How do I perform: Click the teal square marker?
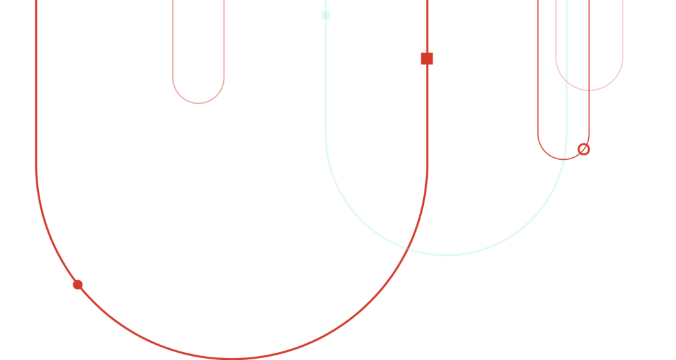pyautogui.click(x=325, y=15)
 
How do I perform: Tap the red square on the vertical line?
pyautogui.click(x=427, y=58)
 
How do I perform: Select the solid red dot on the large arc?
pyautogui.click(x=77, y=285)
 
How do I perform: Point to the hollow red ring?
pyautogui.click(x=584, y=149)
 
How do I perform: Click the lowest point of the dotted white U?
pyautogui.click(x=172, y=67)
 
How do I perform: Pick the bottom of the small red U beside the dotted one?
pyautogui.click(x=198, y=103)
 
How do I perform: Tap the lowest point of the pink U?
pyautogui.click(x=589, y=90)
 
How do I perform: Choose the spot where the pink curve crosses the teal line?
pyautogui.click(x=566, y=81)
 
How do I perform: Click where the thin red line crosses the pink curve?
pyautogui.click(x=589, y=90)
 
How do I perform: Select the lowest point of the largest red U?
pyautogui.click(x=231, y=358)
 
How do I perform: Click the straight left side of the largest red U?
pyautogui.click(x=36, y=99)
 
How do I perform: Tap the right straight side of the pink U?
pyautogui.click(x=622, y=33)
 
